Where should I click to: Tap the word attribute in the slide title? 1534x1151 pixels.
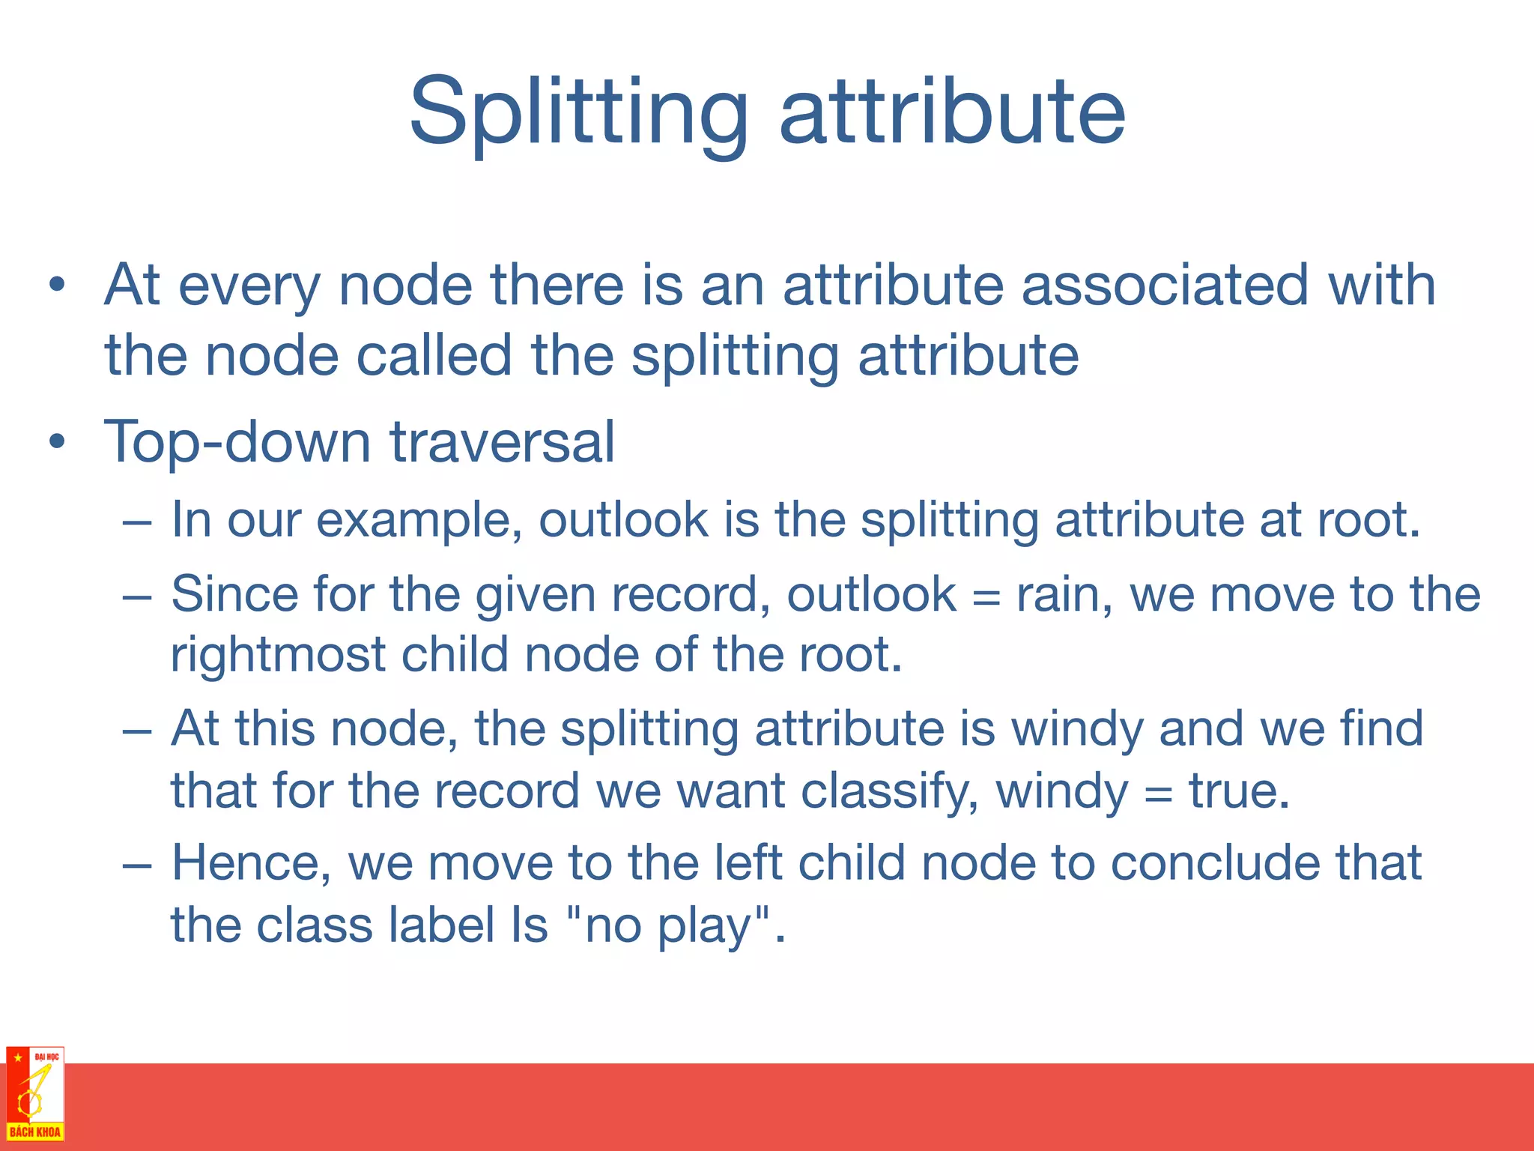952,112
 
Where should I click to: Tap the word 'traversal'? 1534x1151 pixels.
503,442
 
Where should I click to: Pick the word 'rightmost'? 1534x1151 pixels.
278,655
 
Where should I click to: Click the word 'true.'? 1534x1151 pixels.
1240,791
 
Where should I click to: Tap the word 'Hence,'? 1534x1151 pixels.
252,863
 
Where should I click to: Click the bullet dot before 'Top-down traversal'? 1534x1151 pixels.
57,442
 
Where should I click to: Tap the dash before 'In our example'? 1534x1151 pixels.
137,522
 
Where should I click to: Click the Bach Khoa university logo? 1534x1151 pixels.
35,1094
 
